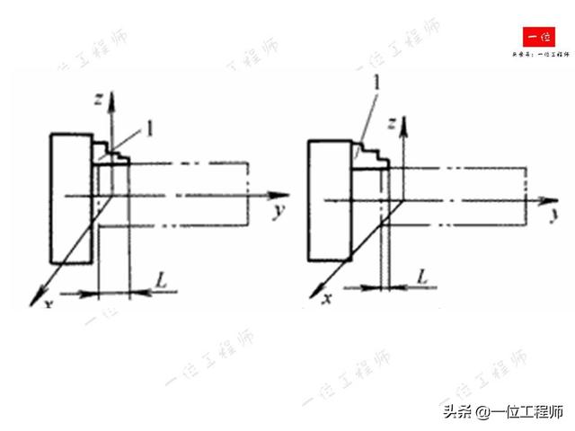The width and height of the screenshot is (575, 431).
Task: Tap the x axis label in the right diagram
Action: click(329, 297)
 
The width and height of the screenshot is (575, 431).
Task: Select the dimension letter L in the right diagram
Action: click(422, 279)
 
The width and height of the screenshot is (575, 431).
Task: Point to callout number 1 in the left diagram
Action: click(150, 128)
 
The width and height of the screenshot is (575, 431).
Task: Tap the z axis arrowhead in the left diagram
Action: click(111, 96)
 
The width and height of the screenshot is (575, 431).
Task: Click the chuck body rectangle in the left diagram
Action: click(71, 198)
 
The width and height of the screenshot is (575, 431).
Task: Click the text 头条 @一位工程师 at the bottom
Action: click(500, 411)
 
